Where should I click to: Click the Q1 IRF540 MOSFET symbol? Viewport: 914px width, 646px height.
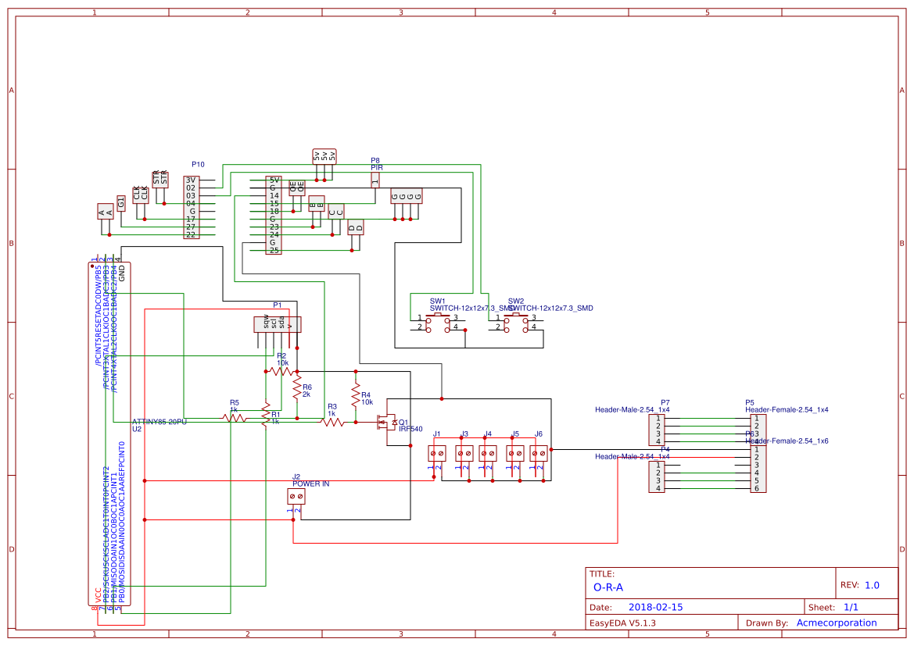point(387,423)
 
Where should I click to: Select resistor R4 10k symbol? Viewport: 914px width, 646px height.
point(355,394)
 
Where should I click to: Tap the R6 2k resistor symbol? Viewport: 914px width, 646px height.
point(296,387)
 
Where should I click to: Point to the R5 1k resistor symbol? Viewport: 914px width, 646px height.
point(235,418)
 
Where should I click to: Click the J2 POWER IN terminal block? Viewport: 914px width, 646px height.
point(296,496)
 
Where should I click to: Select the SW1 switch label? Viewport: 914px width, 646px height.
point(437,301)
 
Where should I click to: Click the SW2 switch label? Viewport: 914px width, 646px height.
point(515,301)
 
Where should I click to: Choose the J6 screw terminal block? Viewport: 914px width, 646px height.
point(539,453)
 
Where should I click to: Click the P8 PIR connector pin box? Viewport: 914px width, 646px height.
point(375,180)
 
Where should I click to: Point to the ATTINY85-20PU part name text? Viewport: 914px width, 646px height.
point(160,422)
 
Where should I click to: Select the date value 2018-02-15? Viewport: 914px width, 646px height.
point(655,607)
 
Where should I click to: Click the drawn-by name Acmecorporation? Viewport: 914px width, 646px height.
point(836,623)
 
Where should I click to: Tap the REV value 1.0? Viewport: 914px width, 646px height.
point(872,585)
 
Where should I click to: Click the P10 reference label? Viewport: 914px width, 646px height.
point(198,165)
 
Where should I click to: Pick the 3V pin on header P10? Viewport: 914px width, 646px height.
point(190,180)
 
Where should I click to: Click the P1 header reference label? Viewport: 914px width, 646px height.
point(277,305)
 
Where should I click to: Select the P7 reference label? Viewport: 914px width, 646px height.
point(665,402)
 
